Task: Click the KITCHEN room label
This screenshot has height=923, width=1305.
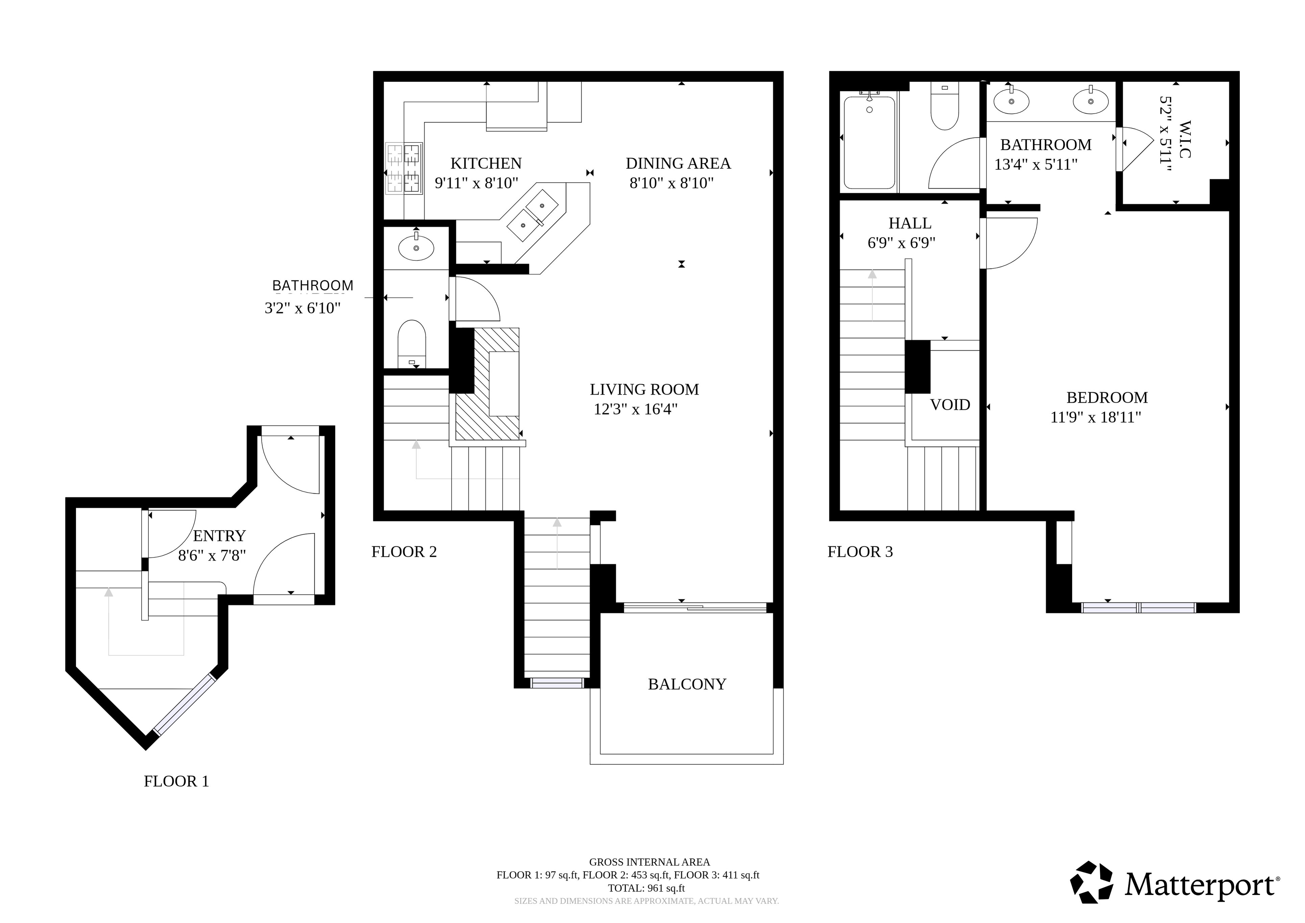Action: click(486, 164)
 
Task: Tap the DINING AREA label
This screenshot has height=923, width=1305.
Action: click(678, 164)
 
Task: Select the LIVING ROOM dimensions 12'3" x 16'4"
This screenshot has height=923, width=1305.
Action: click(635, 409)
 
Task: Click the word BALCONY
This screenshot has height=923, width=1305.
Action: click(687, 684)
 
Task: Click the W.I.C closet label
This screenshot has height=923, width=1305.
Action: click(1185, 139)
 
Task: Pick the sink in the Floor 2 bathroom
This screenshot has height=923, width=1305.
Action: click(416, 247)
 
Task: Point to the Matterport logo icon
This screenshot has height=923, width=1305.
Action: click(1091, 882)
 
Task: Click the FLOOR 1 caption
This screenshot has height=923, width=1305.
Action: click(176, 781)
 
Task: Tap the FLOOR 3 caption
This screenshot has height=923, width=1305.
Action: click(860, 552)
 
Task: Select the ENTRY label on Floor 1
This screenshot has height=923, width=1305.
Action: click(219, 536)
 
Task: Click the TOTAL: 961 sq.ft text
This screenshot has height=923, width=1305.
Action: click(646, 888)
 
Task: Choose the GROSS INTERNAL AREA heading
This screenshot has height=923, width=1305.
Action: click(650, 862)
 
